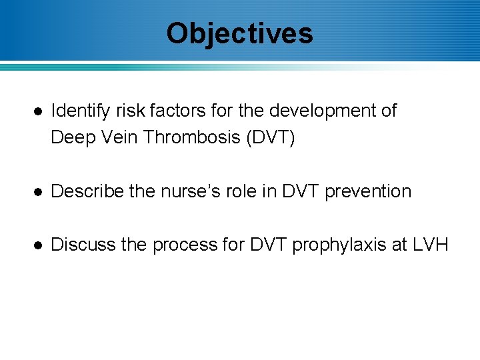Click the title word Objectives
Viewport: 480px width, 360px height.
[239, 33]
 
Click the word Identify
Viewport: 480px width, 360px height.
[78, 111]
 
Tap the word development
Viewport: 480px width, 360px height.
[319, 111]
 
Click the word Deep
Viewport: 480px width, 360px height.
[71, 137]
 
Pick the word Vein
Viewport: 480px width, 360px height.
[117, 137]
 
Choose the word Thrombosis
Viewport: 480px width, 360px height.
[192, 137]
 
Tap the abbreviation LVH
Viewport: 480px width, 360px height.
[431, 245]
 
